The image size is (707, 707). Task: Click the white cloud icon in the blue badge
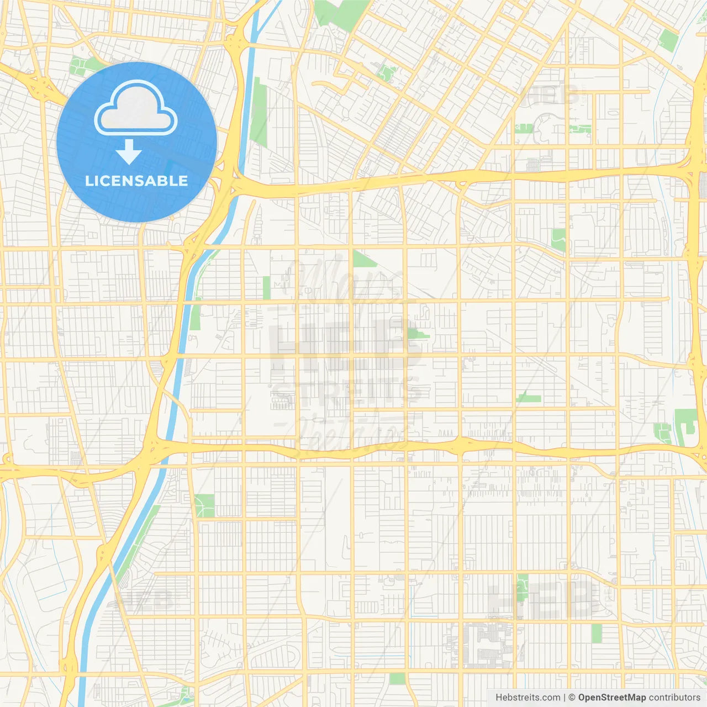coord(136,109)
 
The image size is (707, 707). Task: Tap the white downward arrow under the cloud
coord(129,152)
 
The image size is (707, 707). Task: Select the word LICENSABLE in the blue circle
coord(136,181)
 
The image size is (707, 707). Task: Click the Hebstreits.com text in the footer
coord(527,698)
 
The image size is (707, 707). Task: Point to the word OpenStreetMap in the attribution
coord(612,698)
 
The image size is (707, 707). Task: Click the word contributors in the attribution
coord(674,698)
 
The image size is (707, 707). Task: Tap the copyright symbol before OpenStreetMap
coord(572,698)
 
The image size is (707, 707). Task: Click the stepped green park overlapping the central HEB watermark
coord(418,333)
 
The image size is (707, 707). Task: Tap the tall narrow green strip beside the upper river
coord(258,113)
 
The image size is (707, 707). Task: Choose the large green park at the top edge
coord(341,11)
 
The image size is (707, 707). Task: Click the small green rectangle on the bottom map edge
coord(397,678)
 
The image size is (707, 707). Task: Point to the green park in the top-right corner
coord(668,40)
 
